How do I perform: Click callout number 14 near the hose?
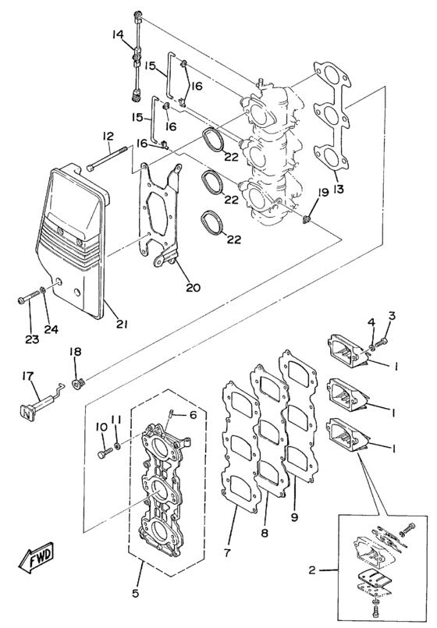[x=118, y=34]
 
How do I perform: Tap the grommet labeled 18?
[x=78, y=382]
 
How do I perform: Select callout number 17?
[x=27, y=377]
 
